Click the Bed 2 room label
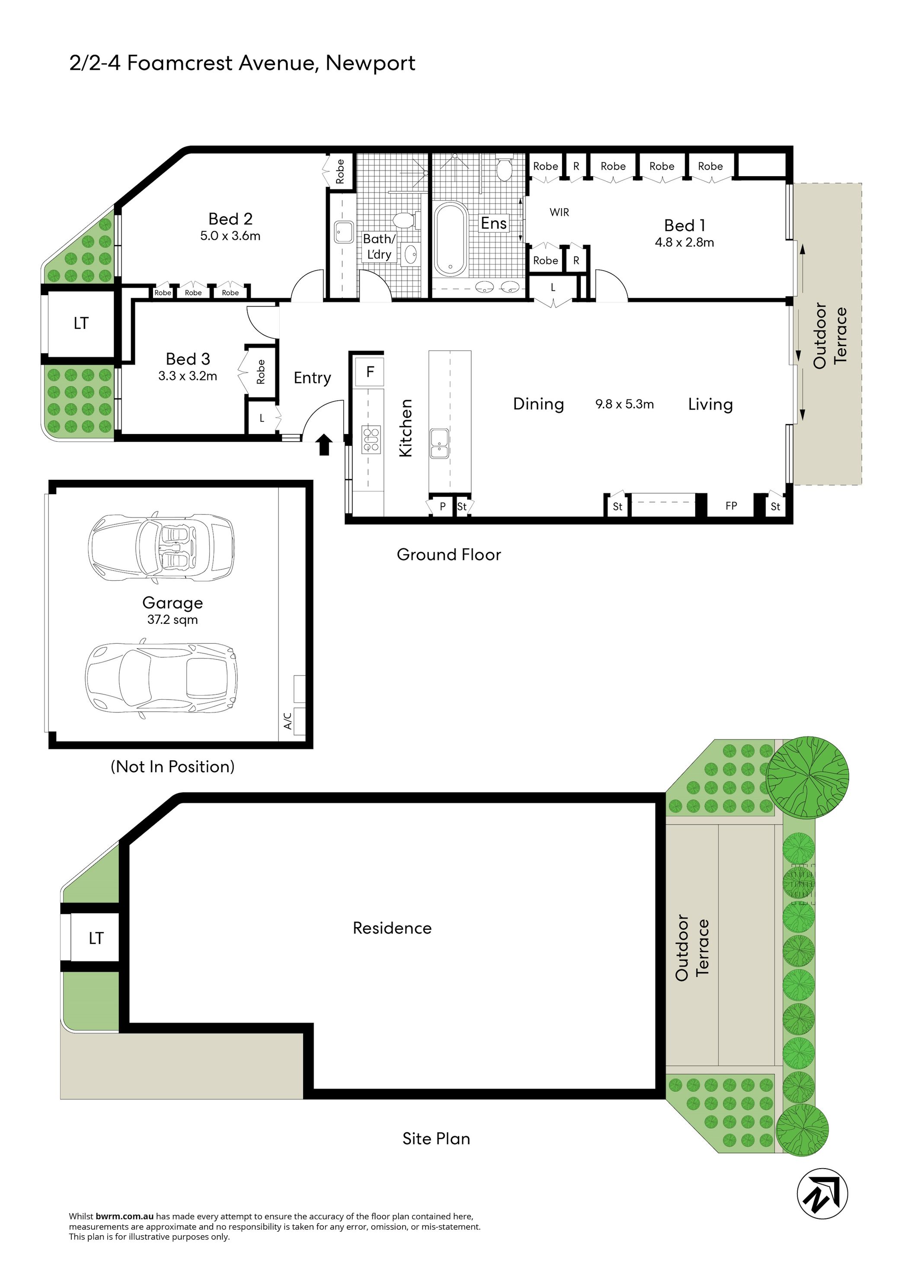click(x=230, y=219)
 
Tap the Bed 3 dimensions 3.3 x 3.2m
click(x=187, y=376)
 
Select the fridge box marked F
click(x=369, y=372)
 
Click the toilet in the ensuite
click(x=504, y=169)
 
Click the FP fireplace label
click(x=731, y=506)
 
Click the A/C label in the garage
click(x=288, y=721)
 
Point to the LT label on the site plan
click(x=96, y=938)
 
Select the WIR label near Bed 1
click(x=560, y=212)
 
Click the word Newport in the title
click(x=371, y=63)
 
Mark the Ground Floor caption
click(x=449, y=555)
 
